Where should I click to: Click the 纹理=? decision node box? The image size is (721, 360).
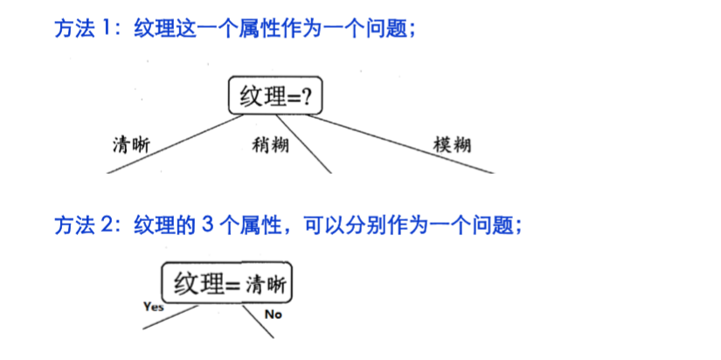tap(274, 95)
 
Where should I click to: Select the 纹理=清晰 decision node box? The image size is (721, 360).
tap(227, 284)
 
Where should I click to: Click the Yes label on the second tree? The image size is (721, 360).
tap(153, 307)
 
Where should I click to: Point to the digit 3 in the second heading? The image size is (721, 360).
tap(206, 225)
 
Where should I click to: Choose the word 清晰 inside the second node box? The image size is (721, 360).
tap(267, 285)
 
